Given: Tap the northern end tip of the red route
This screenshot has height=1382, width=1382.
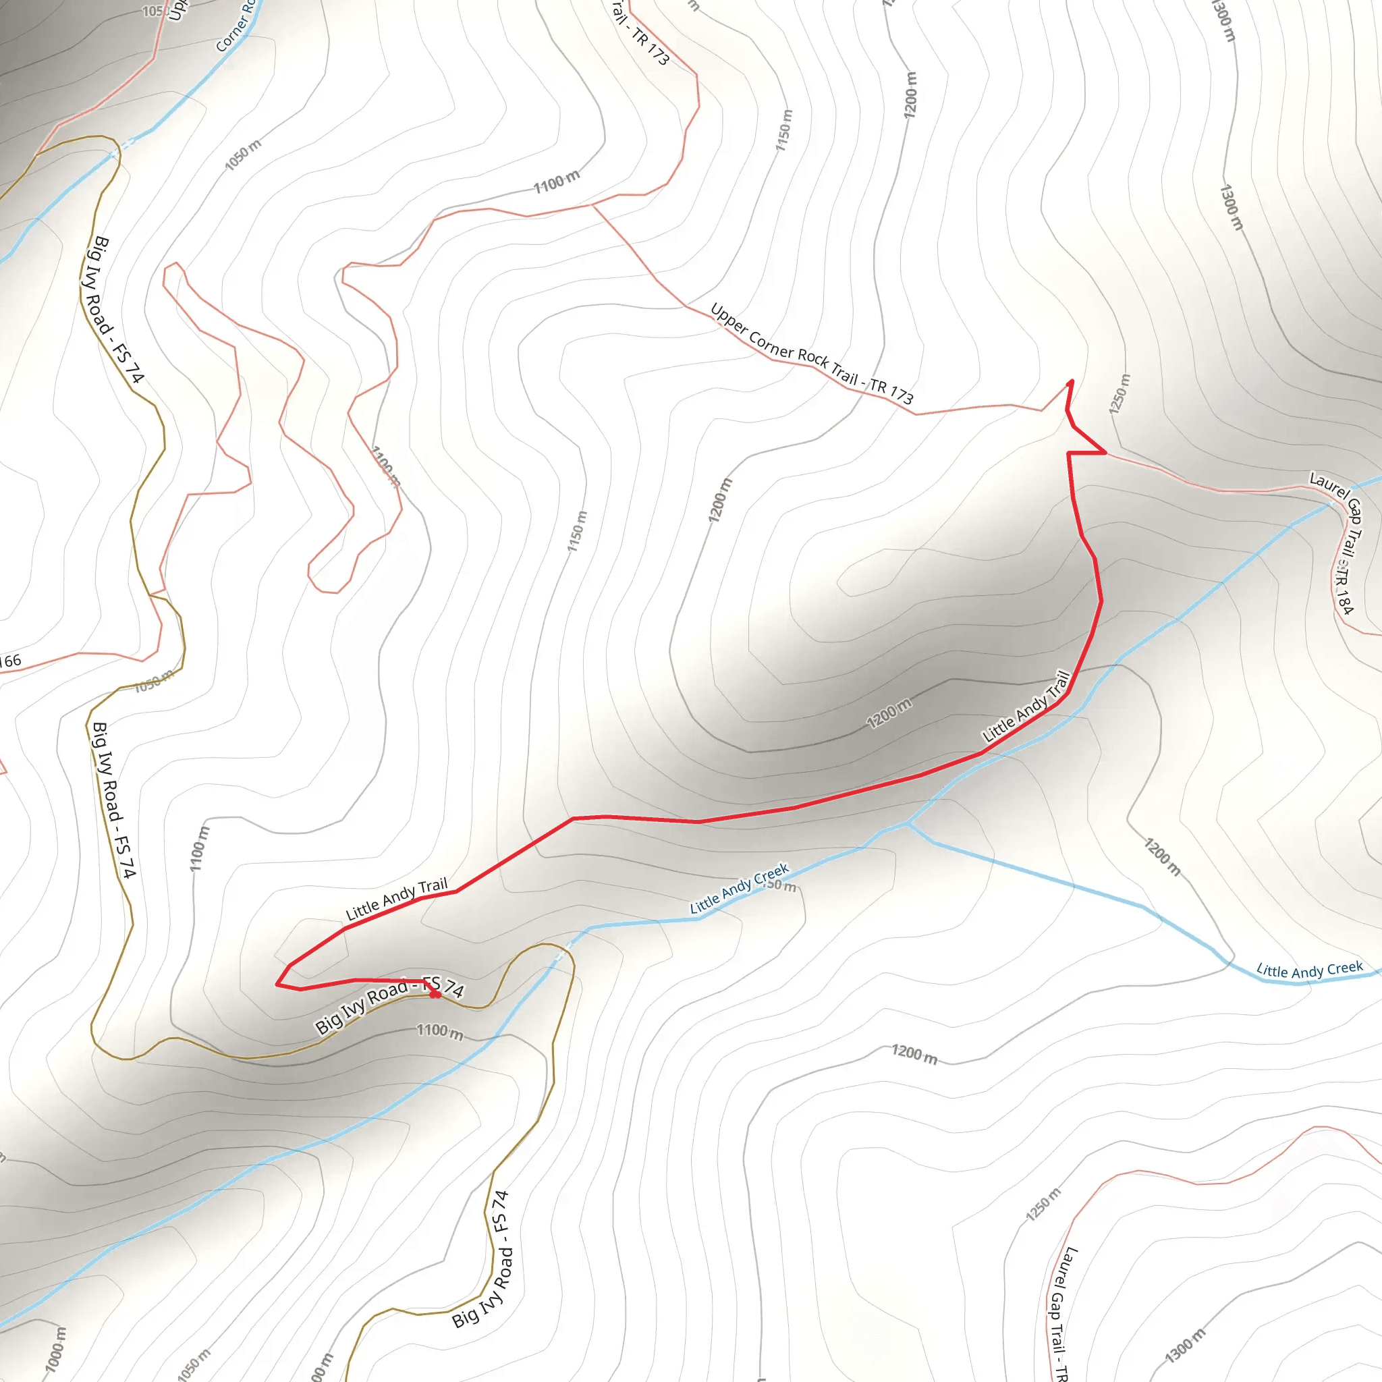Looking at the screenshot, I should click(x=1071, y=381).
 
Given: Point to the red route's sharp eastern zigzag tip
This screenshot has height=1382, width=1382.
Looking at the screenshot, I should click(x=1105, y=453).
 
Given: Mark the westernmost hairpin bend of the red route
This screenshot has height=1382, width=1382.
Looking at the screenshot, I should click(x=278, y=985).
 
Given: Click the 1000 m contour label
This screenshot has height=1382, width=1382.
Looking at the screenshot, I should click(x=55, y=1349).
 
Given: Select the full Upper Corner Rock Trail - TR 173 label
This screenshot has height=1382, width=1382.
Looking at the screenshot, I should click(x=811, y=354).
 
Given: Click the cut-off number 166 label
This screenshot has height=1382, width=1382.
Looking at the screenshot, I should click(x=10, y=660).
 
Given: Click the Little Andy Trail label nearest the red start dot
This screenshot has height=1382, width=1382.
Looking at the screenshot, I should click(x=397, y=898).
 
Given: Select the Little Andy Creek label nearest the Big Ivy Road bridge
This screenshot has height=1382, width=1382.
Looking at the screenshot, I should click(x=739, y=888).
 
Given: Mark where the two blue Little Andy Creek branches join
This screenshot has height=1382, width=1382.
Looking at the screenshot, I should click(x=907, y=824).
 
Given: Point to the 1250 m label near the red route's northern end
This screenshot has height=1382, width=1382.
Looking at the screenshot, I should click(x=1120, y=393).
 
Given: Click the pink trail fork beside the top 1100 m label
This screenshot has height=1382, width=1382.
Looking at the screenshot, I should click(x=592, y=204).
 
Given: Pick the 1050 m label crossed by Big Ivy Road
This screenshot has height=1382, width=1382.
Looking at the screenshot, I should click(x=153, y=681).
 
